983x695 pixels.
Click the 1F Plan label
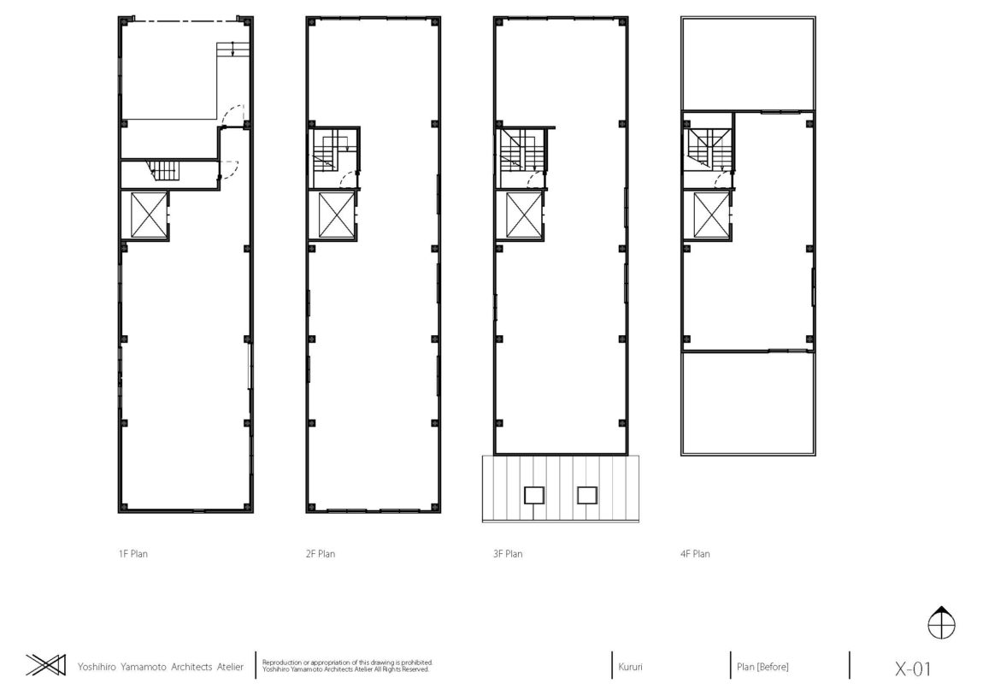[x=132, y=554]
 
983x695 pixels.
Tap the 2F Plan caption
[x=321, y=554]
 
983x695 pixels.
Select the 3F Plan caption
[x=508, y=554]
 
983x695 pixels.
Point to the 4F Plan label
[x=695, y=554]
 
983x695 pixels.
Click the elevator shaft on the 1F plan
[x=149, y=215]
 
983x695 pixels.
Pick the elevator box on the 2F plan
[x=337, y=215]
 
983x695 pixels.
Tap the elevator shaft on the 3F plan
[x=524, y=215]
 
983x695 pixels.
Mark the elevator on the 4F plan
[x=711, y=215]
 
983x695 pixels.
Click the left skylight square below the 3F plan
[x=534, y=495]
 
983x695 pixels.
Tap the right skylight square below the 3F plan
[x=587, y=495]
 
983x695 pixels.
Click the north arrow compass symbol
[x=941, y=623]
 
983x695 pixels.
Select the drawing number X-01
[x=913, y=668]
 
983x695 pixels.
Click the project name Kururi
[x=630, y=667]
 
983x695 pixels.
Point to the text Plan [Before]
[x=762, y=667]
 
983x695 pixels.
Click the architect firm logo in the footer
[x=46, y=665]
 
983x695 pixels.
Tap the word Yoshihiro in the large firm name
[x=97, y=667]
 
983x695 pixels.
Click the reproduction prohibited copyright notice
[x=347, y=666]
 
